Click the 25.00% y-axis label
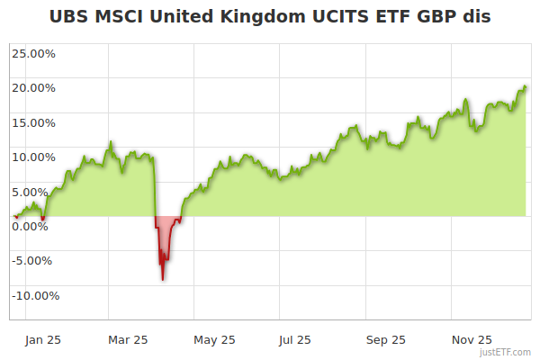(34, 53)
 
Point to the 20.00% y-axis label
(34, 88)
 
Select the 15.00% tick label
(34, 122)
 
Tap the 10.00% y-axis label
(34, 157)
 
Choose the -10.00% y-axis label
(34, 295)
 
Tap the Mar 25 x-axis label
(127, 340)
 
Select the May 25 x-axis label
(214, 340)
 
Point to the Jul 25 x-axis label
(296, 340)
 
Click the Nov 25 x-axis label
(472, 340)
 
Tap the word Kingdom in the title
(271, 16)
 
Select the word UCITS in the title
(353, 16)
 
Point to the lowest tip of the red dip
(163, 280)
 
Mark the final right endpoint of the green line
(526, 86)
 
